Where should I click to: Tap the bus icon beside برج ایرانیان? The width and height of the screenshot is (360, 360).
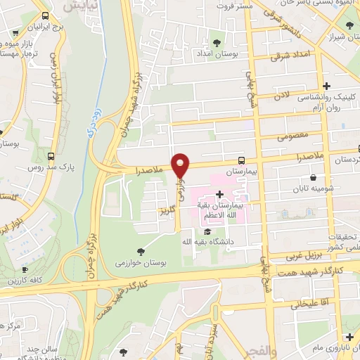coord(46,15)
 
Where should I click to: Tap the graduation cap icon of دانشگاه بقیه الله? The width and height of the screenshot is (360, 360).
coord(207,231)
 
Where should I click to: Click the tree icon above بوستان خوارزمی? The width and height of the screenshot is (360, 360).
coord(141,251)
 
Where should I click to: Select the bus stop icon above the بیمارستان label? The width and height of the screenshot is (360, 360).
coord(241,160)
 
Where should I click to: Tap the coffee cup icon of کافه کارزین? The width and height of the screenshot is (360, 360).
coord(25,269)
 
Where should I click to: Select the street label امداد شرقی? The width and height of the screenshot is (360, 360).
coord(292,53)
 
